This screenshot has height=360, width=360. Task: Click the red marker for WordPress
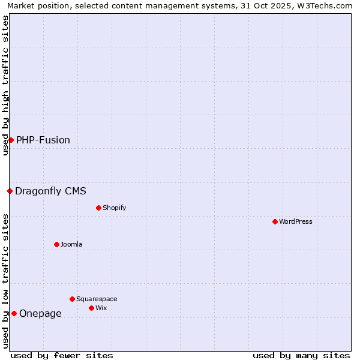pos(275,221)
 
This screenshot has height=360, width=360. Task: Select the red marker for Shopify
pos(98,208)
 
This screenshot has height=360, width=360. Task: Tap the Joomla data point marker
pos(56,244)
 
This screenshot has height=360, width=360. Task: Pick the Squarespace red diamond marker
pos(72,299)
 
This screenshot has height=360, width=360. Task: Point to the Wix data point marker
pos(91,308)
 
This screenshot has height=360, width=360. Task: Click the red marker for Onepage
pos(14,313)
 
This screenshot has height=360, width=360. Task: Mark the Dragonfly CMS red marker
pos(10,191)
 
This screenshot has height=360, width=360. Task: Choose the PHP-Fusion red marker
pos(11,140)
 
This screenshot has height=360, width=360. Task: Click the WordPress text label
pos(296,221)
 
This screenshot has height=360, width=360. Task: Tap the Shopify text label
pos(114,208)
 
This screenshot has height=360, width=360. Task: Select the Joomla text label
pos(71,244)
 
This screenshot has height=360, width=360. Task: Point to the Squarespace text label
pos(97,299)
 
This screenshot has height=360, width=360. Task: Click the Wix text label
pos(101,308)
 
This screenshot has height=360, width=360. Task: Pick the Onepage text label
pos(40,313)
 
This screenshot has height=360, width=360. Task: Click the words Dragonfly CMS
pos(50,191)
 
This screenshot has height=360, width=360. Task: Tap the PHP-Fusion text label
pos(43,140)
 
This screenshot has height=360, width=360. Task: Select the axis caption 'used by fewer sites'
pos(62,355)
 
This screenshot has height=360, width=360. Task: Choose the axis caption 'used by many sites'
pos(301,355)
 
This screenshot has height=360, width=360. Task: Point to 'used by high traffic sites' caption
pos(5,85)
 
